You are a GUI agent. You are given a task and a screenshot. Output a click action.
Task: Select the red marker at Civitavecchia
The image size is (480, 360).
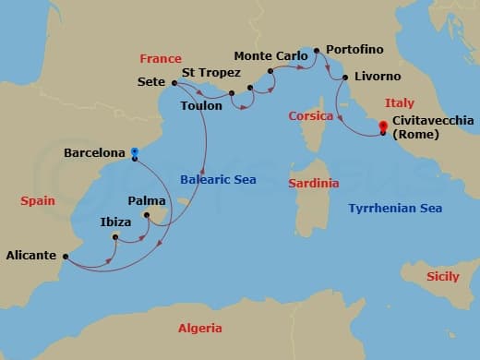point(383,132)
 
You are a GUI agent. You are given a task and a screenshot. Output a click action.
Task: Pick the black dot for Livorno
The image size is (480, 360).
point(344,78)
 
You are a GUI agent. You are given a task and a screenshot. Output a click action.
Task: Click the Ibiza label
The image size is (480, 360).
point(116,222)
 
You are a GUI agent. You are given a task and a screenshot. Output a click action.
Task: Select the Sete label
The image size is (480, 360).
point(151,81)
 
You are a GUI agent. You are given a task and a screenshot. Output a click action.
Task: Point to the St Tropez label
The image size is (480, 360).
point(211,73)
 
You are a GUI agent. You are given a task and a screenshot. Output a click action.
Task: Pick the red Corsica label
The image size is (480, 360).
point(310,116)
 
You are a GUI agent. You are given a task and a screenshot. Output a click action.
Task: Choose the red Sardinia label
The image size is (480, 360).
point(313,184)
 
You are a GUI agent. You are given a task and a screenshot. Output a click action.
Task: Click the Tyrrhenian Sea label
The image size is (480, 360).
point(395,209)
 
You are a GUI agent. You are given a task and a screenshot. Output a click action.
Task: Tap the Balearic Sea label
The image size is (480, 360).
point(218,179)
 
